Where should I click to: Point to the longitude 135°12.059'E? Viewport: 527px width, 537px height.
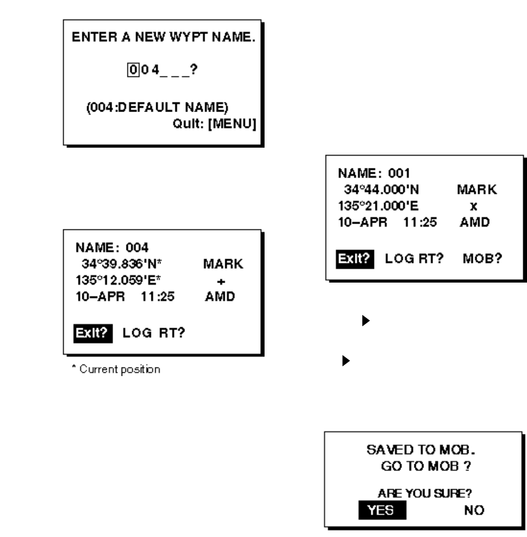[121, 278]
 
